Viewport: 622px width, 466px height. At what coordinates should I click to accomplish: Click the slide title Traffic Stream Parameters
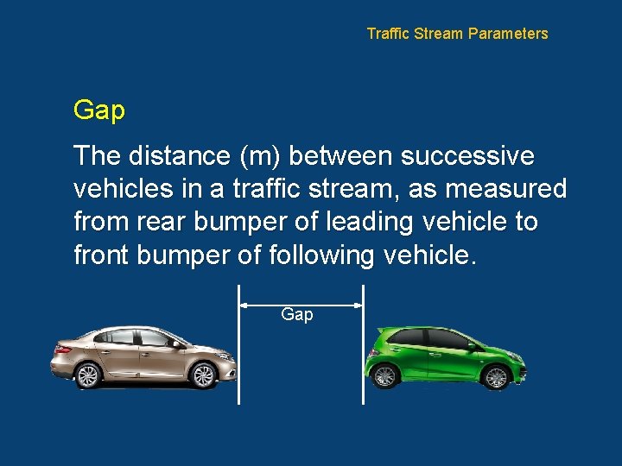coord(457,34)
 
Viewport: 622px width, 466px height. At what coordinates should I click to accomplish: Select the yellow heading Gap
coord(99,110)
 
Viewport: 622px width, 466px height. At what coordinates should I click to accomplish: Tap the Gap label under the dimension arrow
coord(297,315)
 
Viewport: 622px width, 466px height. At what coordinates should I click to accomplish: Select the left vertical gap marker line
coord(239,354)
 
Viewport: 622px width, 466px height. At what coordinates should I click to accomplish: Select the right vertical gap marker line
coord(363,354)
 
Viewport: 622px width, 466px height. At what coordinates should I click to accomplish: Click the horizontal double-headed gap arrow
coord(301,304)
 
